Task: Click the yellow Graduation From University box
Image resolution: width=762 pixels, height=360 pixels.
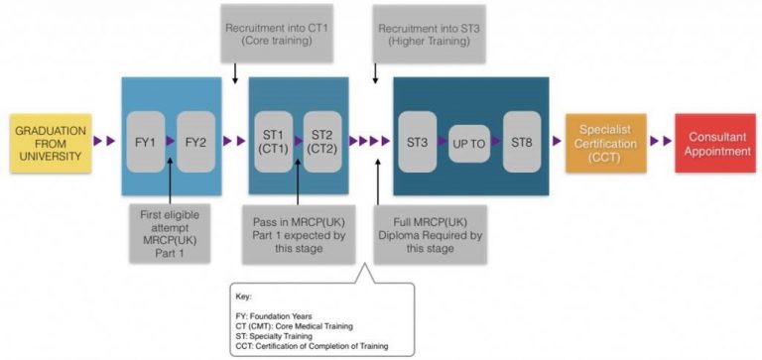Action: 51,143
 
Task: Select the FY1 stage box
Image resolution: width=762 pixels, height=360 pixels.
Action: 146,143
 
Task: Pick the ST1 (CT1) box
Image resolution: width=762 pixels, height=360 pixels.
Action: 273,143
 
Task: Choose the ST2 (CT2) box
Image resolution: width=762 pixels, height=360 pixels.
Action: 323,143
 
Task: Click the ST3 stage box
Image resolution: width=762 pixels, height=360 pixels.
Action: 418,143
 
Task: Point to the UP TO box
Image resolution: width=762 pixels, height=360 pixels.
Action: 470,144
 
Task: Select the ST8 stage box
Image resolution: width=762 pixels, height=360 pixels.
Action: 522,143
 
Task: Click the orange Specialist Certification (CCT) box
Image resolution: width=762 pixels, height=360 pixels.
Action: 605,143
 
